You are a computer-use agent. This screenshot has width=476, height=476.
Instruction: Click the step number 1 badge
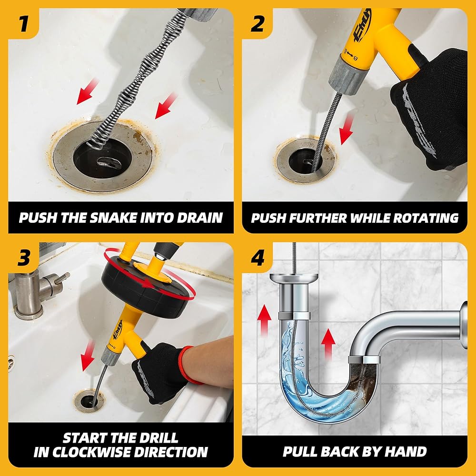[23, 24]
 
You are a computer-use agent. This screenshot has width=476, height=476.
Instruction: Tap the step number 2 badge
[257, 24]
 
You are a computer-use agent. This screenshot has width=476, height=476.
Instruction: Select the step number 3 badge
[23, 258]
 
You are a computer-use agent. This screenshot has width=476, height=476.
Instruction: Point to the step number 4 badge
[257, 258]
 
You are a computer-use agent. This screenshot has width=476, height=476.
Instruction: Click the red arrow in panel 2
[346, 130]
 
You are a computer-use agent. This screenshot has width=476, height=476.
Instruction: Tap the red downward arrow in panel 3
[88, 356]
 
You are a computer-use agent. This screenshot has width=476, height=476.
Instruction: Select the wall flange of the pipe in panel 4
[464, 325]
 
